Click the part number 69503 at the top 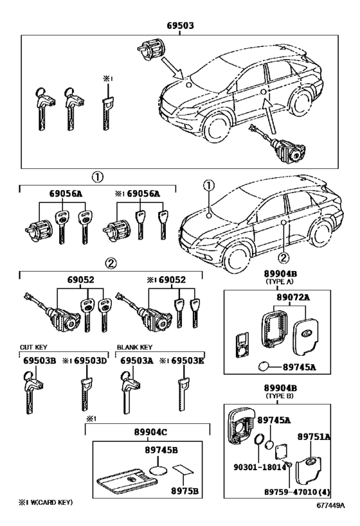[179, 26]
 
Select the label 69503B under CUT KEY [39, 361]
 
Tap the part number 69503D [89, 361]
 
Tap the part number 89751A [314, 437]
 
